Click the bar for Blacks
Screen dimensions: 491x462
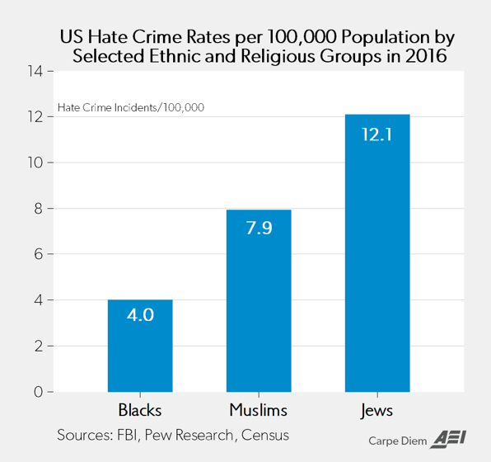pos(140,346)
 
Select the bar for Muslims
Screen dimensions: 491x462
pos(259,301)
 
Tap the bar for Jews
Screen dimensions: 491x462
pos(377,253)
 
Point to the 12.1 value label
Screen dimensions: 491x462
pos(377,134)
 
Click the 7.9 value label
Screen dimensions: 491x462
pos(259,228)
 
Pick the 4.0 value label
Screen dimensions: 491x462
pos(140,314)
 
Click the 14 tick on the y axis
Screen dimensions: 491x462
pos(35,72)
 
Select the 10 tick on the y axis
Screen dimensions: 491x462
pos(35,163)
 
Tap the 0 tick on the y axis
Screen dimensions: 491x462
pos(38,392)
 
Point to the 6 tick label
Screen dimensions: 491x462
pos(38,254)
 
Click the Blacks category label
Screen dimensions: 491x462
pos(140,410)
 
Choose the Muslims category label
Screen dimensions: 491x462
pos(259,410)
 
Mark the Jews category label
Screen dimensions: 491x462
pos(376,411)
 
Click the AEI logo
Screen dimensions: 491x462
pos(448,440)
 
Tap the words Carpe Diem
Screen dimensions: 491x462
pos(398,441)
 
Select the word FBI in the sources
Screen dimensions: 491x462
pos(128,435)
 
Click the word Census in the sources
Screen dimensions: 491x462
pos(265,435)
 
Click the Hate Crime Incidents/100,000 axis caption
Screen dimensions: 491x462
pos(131,107)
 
